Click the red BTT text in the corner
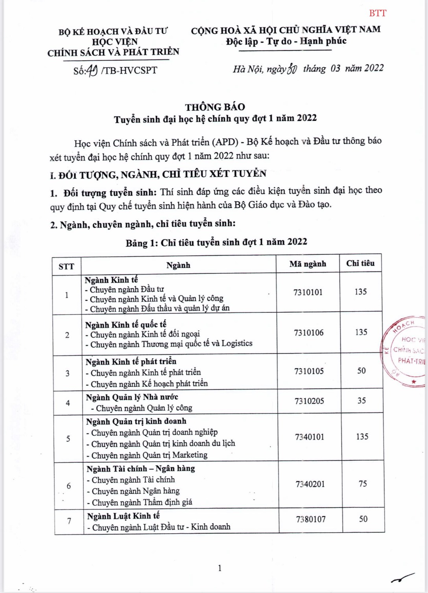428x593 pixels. (378, 13)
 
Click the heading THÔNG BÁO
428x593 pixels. (215, 107)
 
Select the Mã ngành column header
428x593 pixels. (308, 264)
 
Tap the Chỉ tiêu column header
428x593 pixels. (360, 263)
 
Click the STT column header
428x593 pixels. (66, 267)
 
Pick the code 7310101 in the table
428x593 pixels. (308, 292)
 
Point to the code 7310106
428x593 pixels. (308, 333)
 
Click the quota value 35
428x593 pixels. (362, 400)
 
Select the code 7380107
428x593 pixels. (311, 519)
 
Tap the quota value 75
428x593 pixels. (363, 484)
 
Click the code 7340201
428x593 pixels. (310, 484)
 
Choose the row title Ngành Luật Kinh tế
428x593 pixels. (123, 516)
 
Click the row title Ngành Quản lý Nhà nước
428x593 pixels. (132, 397)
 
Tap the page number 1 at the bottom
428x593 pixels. (220, 568)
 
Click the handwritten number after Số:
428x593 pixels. (92, 70)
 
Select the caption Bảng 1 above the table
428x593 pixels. (216, 242)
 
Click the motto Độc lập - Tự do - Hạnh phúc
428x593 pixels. (286, 41)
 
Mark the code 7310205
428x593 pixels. (309, 401)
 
